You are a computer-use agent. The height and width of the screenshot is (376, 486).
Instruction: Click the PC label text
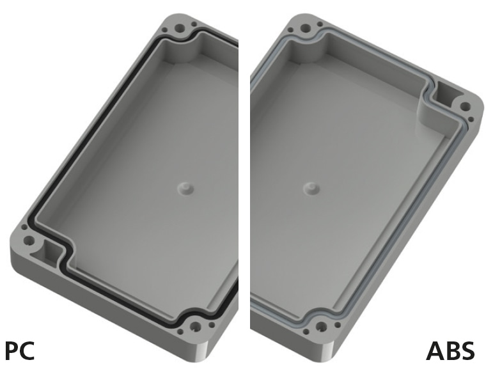tap(20, 351)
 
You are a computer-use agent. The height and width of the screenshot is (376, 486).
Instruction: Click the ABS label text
tap(451, 351)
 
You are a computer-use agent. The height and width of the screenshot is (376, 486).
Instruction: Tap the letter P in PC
tap(12, 351)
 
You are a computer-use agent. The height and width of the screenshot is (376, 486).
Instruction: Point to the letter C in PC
tap(27, 351)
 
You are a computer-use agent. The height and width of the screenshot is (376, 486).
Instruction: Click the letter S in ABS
tap(467, 351)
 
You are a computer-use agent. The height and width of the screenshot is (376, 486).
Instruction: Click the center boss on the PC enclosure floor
tap(184, 187)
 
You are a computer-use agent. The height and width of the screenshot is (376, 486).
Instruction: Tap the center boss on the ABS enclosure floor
tap(311, 188)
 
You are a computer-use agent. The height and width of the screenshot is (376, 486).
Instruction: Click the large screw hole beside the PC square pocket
tap(29, 241)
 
